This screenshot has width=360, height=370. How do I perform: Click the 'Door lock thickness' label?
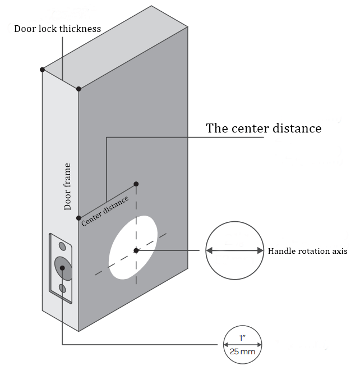[x=57, y=29]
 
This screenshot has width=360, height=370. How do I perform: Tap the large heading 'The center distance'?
[x=264, y=128]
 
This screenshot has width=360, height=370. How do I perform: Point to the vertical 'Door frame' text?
[x=68, y=188]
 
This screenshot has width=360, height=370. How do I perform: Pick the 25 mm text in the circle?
[x=243, y=352]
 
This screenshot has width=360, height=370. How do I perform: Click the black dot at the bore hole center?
[x=136, y=250]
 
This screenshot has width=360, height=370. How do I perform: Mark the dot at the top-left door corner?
[x=43, y=70]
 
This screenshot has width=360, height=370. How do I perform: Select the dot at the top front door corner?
[x=79, y=89]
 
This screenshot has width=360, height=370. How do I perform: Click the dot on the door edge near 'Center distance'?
[x=79, y=218]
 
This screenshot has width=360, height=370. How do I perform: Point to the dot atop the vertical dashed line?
[x=136, y=184]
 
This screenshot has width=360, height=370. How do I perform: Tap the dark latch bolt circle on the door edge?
[x=62, y=267]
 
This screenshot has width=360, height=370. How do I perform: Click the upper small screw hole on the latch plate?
[x=63, y=246]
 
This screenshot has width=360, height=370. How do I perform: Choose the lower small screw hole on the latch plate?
[x=63, y=288]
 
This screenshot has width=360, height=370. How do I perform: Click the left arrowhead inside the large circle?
[x=209, y=251]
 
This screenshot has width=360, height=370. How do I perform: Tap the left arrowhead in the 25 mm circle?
[x=226, y=345]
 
